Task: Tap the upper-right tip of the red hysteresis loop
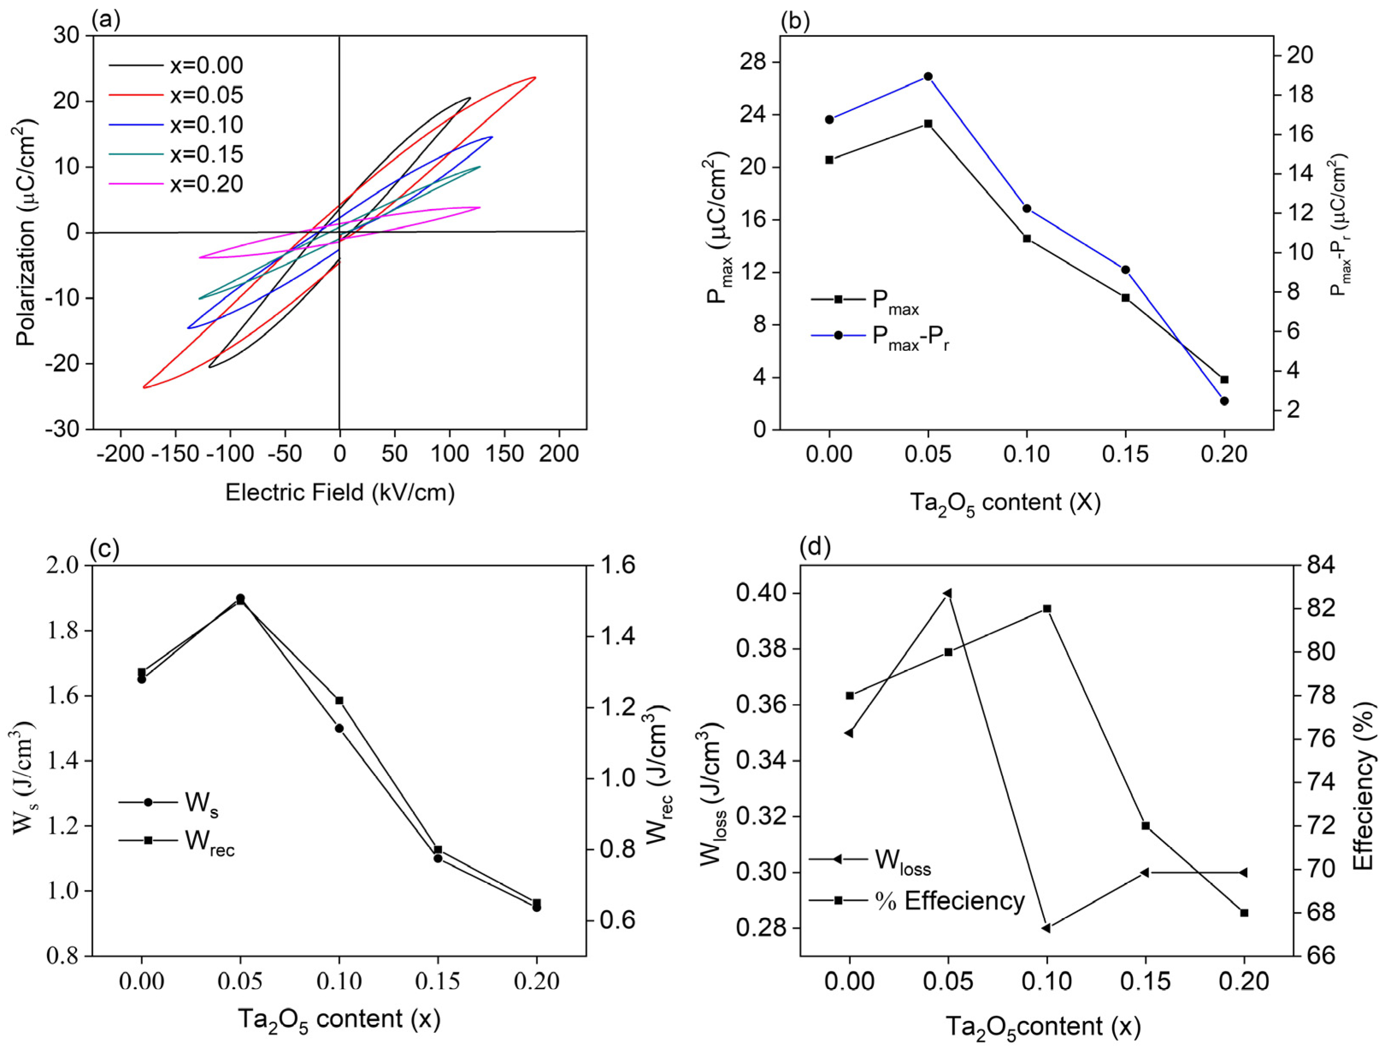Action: [535, 78]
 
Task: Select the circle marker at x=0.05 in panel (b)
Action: [928, 76]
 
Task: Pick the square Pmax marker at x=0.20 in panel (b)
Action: [1224, 379]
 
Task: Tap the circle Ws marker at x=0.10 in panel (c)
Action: [339, 728]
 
